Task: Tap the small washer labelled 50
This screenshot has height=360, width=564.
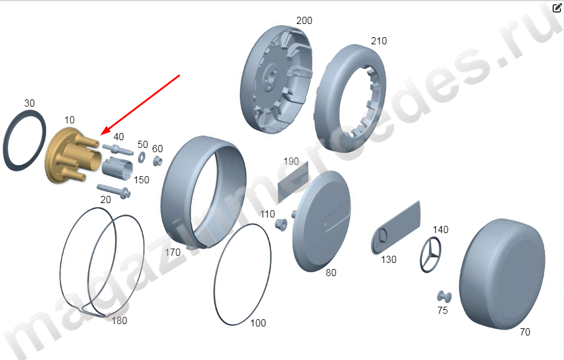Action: [141, 157]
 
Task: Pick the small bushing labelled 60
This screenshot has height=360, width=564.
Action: [157, 161]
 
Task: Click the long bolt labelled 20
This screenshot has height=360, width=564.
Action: [113, 191]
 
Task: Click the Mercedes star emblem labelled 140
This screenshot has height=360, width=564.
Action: [430, 254]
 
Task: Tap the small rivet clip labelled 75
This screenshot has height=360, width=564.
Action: [444, 297]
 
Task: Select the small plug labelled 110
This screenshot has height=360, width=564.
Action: [281, 225]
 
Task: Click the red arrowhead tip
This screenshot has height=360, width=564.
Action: [100, 135]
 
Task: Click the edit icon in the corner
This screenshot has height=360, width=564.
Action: [556, 8]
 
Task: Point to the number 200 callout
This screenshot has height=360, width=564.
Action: [304, 20]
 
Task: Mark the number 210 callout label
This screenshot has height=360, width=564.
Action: [379, 41]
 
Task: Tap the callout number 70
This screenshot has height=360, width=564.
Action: [525, 332]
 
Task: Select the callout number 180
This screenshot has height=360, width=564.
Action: [119, 320]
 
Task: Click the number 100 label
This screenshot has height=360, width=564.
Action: [258, 323]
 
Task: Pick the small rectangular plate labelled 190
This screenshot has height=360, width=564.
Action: [293, 181]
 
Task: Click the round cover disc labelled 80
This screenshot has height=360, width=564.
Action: [322, 220]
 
